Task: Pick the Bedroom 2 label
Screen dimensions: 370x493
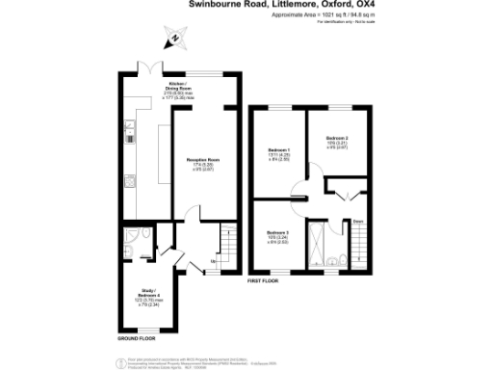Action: coord(337,141)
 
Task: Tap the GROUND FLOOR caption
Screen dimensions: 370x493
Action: coord(138,339)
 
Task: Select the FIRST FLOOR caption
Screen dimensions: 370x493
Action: coord(266,280)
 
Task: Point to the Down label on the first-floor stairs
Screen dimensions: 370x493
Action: coord(357,223)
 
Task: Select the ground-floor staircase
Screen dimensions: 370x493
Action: coord(228,238)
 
